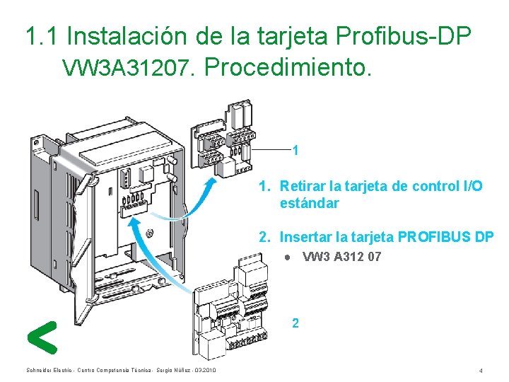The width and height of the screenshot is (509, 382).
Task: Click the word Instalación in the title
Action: click(127, 36)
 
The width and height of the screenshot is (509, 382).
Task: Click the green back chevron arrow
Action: click(42, 337)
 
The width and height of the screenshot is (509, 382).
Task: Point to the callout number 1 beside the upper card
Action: click(295, 151)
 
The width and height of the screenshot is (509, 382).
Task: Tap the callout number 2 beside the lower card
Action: click(295, 323)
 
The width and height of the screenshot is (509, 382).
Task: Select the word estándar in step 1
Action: click(309, 203)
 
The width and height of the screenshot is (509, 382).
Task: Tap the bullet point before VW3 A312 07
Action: click(287, 257)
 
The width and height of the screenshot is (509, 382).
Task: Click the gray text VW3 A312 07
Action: click(341, 257)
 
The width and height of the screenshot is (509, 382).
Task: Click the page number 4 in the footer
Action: click(481, 371)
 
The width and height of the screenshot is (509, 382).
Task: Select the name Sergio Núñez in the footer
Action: click(173, 370)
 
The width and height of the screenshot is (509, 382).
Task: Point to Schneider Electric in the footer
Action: click(49, 370)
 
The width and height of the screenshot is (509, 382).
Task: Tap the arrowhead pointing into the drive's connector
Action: click(134, 224)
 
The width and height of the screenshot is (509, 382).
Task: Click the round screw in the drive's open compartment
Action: click(150, 233)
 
